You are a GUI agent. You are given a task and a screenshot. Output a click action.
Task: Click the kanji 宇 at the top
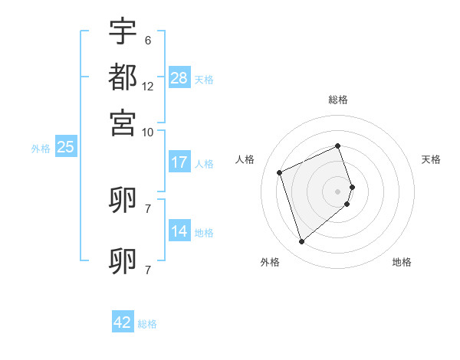tap(123, 33)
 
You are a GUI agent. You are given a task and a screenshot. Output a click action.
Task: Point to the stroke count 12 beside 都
tap(147, 87)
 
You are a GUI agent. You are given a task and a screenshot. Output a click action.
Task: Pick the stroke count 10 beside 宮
tap(147, 132)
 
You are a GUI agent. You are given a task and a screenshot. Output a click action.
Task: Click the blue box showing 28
tap(179, 77)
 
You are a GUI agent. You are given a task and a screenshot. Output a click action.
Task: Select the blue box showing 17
tap(179, 162)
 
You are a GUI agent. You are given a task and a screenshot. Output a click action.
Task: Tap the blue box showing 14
tap(179, 231)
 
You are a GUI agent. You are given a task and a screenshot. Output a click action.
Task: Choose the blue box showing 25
tap(65, 147)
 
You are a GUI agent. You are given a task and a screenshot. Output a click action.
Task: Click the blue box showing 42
tap(123, 322)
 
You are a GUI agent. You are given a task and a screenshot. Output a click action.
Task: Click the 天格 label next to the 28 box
tap(204, 79)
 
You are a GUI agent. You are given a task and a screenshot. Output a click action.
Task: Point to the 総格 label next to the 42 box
tap(147, 324)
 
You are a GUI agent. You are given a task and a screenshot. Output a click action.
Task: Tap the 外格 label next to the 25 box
tap(41, 149)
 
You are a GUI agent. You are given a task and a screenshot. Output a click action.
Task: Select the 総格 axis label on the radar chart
tap(338, 100)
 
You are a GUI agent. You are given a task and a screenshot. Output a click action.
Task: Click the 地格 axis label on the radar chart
tap(402, 262)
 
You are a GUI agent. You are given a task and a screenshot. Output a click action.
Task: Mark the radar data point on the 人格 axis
tap(280, 172)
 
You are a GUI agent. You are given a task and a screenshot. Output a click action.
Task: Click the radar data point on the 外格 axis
tap(301, 242)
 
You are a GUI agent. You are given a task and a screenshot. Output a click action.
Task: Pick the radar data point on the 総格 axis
tap(338, 146)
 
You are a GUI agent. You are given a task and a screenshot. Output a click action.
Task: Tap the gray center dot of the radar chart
tap(338, 191)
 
